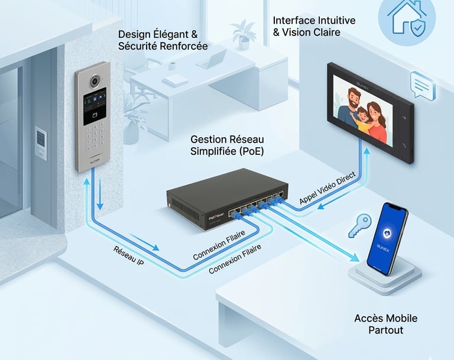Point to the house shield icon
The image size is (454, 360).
point(412,17)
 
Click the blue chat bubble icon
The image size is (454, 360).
point(422,84)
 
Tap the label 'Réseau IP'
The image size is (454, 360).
point(128,254)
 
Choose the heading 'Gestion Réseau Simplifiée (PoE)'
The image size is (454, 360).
point(227,145)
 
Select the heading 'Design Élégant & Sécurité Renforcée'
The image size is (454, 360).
point(163,40)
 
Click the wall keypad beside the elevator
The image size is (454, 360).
point(40,143)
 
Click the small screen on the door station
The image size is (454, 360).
point(95,105)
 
